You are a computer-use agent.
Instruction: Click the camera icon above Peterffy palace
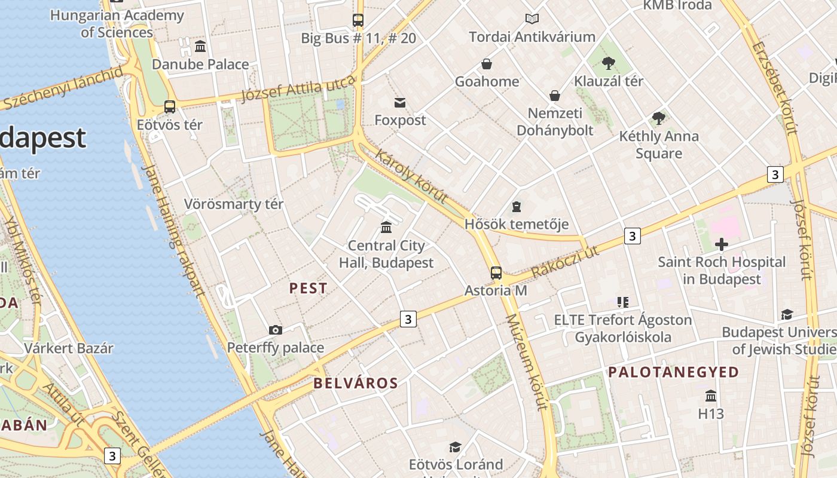276,330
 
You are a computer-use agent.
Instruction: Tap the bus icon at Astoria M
496,273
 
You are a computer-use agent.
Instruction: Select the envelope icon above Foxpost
400,103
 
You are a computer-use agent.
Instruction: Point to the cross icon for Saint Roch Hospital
722,244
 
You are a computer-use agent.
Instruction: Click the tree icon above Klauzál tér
609,63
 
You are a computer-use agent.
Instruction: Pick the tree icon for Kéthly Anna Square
659,118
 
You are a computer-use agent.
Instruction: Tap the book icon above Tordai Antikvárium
531,19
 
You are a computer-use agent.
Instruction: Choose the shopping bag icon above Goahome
487,64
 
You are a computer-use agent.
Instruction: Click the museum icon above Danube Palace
200,46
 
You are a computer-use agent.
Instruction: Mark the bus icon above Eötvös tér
170,107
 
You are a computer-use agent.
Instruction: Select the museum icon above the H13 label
711,396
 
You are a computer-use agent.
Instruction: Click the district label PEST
308,289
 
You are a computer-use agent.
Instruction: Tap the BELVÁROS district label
356,384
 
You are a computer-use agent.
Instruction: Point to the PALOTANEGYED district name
674,372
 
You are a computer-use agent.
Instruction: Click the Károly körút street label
411,176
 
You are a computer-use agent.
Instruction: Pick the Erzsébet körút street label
775,87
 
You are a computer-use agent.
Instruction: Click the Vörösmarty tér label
234,204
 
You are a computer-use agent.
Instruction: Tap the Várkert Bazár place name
69,348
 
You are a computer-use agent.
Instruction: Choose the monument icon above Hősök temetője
517,207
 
